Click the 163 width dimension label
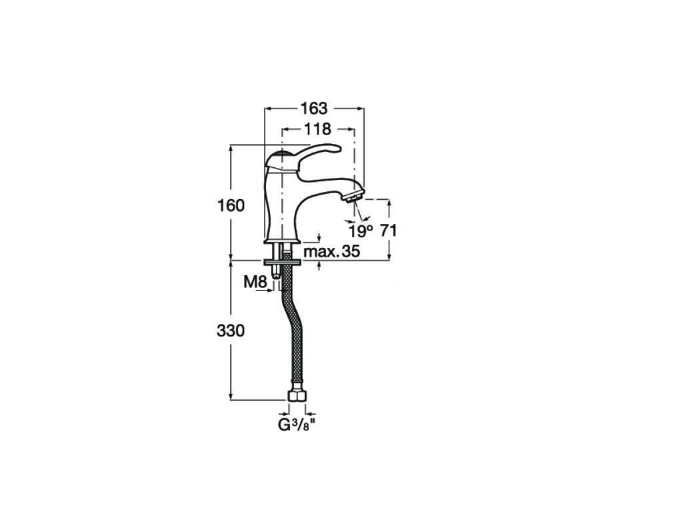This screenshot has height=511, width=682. [314, 108]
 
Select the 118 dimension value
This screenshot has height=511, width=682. [317, 129]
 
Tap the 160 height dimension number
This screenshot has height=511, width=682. [231, 205]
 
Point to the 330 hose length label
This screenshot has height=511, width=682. [231, 331]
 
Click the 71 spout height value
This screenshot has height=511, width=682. [389, 231]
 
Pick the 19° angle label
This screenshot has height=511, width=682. [361, 231]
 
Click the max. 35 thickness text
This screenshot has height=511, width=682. [332, 251]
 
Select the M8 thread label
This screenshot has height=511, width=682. [255, 282]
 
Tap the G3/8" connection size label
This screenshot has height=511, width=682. [296, 425]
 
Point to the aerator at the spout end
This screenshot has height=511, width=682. [354, 194]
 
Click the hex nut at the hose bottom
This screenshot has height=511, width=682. [297, 396]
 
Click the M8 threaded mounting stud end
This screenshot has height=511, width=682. [275, 274]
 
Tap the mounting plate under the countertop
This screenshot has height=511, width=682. [282, 262]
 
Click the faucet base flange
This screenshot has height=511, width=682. [282, 241]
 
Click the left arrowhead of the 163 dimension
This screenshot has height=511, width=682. [269, 108]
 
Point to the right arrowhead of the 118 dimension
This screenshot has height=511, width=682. [351, 129]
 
